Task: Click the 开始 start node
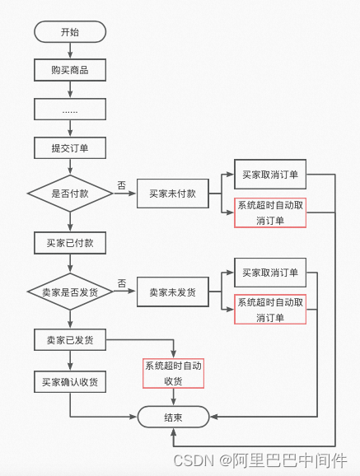(x=70, y=32)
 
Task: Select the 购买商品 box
(x=70, y=70)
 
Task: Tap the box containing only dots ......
(x=70, y=109)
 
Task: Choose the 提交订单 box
(x=70, y=147)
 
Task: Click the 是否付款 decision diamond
(x=70, y=194)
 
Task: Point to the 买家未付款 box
(x=172, y=194)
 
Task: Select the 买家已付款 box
(x=70, y=243)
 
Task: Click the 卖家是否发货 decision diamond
(x=70, y=292)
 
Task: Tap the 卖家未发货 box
(x=172, y=292)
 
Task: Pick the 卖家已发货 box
(x=70, y=339)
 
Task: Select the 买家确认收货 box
(x=70, y=382)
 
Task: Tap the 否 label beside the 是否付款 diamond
(x=121, y=185)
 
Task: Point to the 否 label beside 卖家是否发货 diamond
(x=121, y=283)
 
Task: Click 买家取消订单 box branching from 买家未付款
(x=270, y=175)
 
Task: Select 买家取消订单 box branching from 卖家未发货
(x=270, y=273)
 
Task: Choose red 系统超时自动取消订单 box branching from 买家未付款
(x=270, y=213)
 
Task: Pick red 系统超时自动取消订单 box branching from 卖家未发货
(x=270, y=310)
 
